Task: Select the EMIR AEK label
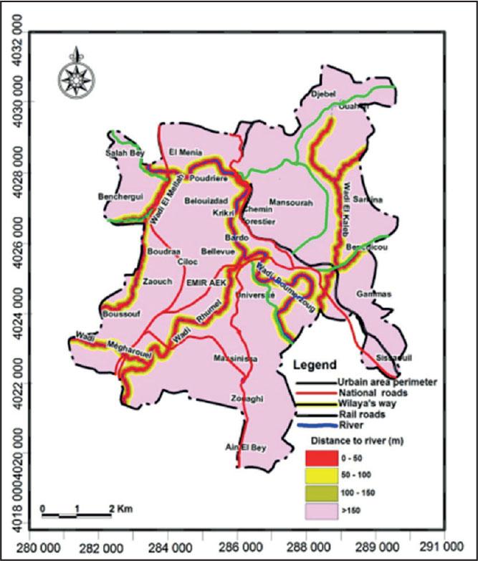click(206, 284)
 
